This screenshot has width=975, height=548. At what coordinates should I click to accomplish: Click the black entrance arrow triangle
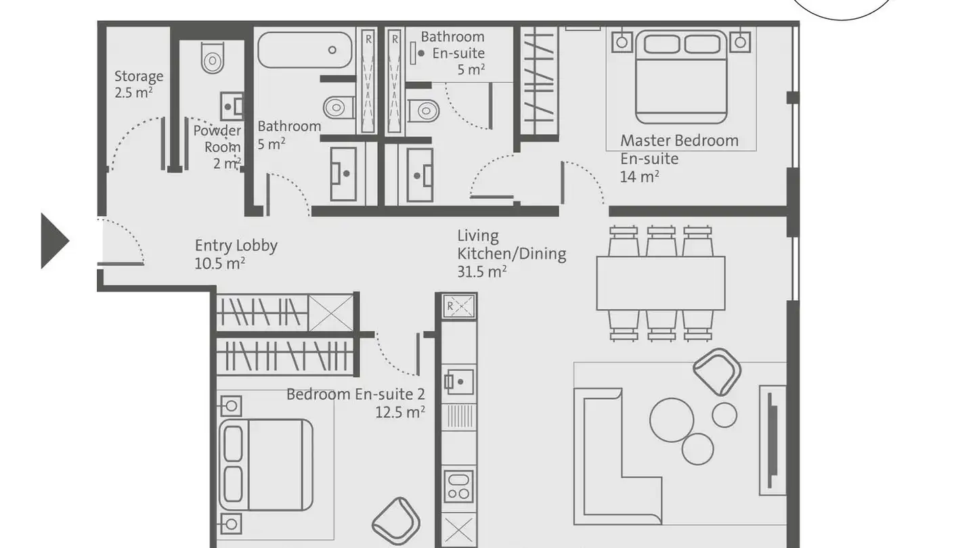pos(53,241)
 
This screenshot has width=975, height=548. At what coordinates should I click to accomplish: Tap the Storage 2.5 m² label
pos(138,84)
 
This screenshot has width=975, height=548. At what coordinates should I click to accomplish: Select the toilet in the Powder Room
pos(212,58)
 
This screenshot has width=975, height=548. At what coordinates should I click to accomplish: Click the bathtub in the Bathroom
pos(304,50)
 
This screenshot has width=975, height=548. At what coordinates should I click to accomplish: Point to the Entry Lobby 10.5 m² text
pos(235,254)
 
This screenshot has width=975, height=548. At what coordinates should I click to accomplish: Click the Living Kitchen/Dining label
pos(511,254)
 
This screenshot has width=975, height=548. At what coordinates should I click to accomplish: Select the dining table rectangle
pos(660,282)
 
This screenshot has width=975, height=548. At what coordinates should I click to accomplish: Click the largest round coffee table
pos(672,419)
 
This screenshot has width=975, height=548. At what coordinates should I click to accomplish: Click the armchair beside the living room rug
pos(717,371)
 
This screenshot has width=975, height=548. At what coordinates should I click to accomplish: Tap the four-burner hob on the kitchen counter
pos(459,486)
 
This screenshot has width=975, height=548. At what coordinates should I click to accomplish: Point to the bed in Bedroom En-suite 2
pos(265,464)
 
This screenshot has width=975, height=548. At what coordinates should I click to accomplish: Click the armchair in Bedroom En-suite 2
pos(396,522)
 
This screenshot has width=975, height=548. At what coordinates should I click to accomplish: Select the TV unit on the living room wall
pos(772,440)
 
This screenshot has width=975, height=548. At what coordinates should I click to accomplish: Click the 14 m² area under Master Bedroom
pos(639,177)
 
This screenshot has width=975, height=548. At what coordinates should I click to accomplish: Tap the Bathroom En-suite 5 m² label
pos(452,52)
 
